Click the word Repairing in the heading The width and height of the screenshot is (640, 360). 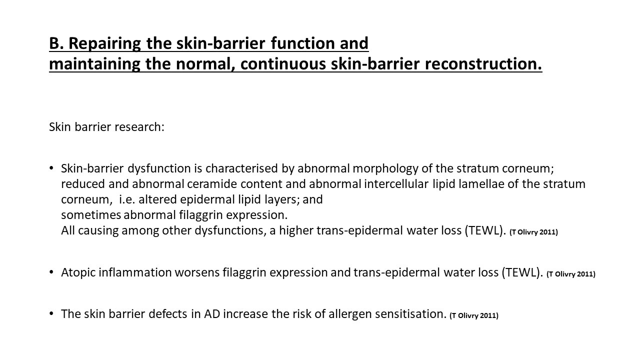point(104,43)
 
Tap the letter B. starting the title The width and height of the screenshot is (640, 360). point(56,43)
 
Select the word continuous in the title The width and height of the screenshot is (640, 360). point(283,63)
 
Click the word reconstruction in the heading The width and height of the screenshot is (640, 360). point(483,63)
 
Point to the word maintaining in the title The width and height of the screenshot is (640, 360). point(94,64)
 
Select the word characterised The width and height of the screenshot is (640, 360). point(241,168)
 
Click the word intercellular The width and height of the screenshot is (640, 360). point(396,183)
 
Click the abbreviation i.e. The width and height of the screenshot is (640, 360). point(127,199)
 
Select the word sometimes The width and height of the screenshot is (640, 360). point(91,215)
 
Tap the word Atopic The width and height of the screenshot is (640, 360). point(78,272)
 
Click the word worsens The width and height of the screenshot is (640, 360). point(197,272)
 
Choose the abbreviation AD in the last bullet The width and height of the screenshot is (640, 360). point(211,314)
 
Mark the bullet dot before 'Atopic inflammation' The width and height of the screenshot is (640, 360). point(51,272)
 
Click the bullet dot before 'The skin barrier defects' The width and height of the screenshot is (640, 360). point(51,313)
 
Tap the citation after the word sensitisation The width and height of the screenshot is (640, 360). point(474,315)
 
